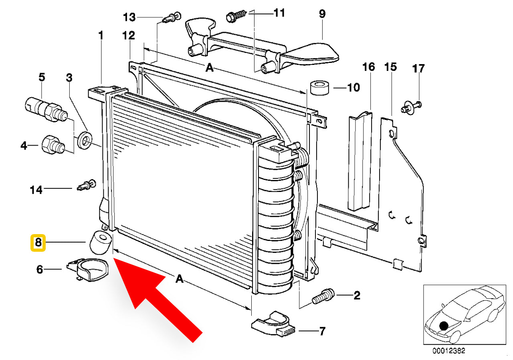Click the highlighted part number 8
(38, 243)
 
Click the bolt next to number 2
(323, 297)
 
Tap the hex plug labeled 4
(51, 145)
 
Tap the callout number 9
(322, 14)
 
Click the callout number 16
(369, 67)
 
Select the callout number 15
(390, 67)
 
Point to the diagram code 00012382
(448, 351)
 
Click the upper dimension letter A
(209, 69)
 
